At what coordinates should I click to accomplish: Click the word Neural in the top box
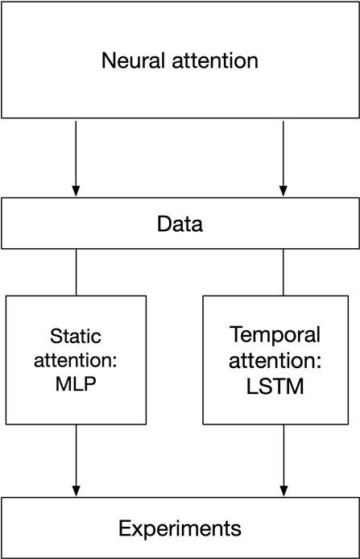click(x=130, y=60)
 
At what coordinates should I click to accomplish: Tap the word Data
click(x=180, y=224)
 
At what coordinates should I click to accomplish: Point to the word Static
click(x=77, y=336)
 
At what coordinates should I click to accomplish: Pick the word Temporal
click(x=275, y=334)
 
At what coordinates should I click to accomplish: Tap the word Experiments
click(x=180, y=528)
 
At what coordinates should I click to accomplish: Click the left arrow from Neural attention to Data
click(x=76, y=157)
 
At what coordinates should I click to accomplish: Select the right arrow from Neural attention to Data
click(x=283, y=157)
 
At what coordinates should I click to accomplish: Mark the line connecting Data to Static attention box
click(x=76, y=271)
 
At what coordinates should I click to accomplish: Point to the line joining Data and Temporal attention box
click(x=283, y=271)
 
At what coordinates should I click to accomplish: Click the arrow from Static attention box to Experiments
click(x=76, y=459)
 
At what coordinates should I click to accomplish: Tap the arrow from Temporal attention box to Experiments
click(x=283, y=459)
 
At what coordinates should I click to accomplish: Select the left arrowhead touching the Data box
click(x=76, y=191)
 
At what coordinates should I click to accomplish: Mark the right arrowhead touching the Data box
click(x=283, y=191)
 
